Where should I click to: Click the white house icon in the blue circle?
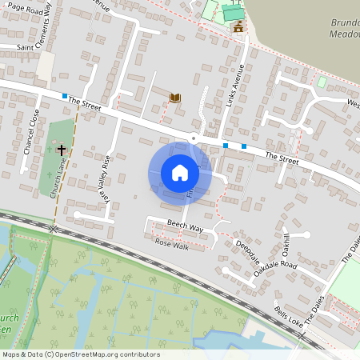[180, 172]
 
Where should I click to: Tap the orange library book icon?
[174, 98]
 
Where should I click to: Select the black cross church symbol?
[61, 150]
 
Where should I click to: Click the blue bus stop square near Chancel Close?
[65, 96]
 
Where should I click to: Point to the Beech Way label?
[185, 226]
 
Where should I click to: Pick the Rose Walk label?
[170, 242]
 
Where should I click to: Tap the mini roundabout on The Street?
[194, 138]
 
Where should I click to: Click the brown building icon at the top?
[238, 28]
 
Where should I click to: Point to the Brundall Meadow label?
[344, 28]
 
